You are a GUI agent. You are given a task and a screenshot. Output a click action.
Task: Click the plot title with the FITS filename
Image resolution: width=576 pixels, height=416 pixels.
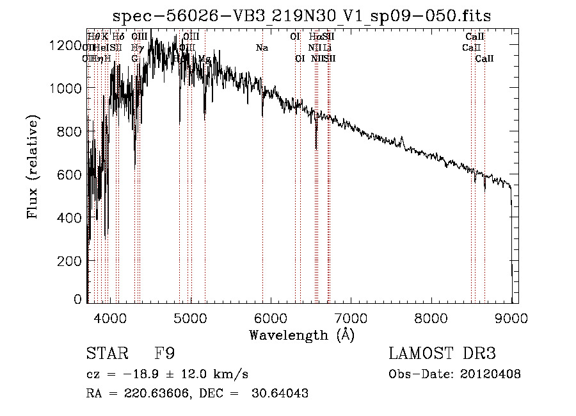point(301,15)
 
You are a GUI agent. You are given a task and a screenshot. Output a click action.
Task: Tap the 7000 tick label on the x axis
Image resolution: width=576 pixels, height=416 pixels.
point(351,317)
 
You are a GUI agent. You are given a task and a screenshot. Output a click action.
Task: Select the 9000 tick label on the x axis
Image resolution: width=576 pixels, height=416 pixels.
point(511,317)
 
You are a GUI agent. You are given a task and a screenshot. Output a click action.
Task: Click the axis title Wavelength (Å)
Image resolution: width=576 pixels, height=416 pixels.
point(301,335)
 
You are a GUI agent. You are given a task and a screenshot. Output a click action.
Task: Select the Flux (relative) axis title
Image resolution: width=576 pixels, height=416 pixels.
point(33,167)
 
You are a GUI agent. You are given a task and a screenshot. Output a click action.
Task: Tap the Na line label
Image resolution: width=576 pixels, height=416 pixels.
point(262,47)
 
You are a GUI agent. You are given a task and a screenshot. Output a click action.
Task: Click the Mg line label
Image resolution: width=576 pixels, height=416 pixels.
point(204,58)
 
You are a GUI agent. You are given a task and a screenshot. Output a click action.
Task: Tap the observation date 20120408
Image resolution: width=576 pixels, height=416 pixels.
point(490,374)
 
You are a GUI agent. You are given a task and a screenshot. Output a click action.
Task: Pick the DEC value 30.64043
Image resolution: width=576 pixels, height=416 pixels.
point(282,394)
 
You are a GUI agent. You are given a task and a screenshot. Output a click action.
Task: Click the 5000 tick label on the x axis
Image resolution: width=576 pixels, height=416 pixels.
point(191,317)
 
